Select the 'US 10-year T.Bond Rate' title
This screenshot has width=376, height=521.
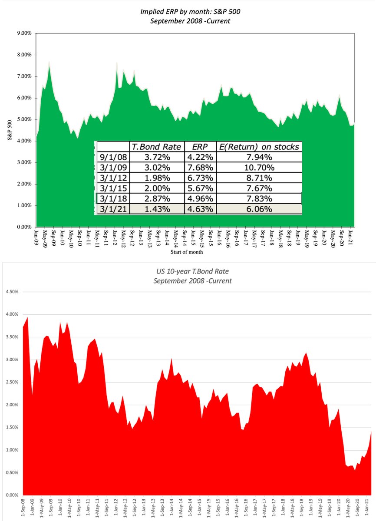click(192, 272)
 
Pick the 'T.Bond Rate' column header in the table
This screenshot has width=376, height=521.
click(156, 147)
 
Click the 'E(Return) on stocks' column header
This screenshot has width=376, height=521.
click(258, 147)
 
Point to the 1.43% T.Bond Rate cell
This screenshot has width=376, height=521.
click(156, 209)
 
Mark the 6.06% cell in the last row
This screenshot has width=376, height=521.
click(259, 209)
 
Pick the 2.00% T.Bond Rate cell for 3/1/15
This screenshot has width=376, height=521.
click(156, 188)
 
